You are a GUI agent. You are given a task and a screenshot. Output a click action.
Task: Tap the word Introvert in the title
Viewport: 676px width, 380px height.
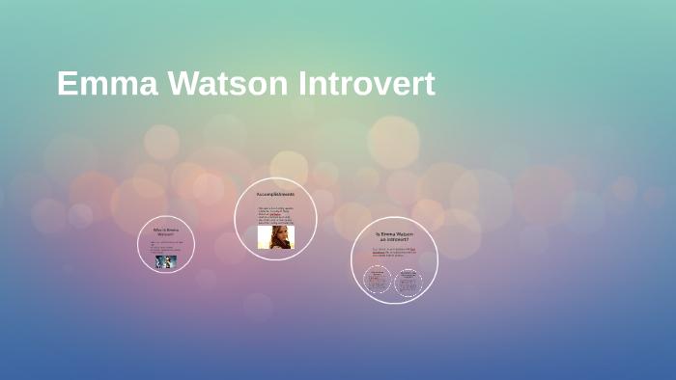click(366, 84)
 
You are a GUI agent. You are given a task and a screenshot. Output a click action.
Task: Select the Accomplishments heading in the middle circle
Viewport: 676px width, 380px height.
click(275, 194)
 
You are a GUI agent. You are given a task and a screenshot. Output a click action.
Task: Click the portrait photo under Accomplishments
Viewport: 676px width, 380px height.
click(274, 236)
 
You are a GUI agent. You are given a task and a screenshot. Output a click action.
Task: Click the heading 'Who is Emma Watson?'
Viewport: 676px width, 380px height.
click(166, 231)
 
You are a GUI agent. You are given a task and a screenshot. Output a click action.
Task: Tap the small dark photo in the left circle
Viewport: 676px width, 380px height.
click(166, 261)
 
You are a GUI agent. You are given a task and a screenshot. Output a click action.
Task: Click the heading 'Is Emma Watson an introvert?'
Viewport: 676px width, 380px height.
click(394, 236)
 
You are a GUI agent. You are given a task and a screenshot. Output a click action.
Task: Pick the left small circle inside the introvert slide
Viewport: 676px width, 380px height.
click(378, 281)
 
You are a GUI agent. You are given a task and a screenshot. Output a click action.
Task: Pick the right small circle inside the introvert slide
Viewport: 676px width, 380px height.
click(408, 281)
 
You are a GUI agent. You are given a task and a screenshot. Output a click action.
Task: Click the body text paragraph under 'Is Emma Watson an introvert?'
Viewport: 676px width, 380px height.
click(394, 252)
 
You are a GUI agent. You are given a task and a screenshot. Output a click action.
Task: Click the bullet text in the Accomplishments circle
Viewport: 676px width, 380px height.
click(275, 215)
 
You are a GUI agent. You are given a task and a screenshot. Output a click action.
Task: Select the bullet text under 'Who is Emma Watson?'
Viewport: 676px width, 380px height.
click(166, 246)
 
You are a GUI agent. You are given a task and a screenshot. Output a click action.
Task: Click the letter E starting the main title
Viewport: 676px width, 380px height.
click(66, 84)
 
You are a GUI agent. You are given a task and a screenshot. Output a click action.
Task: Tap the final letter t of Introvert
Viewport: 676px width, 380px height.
click(429, 84)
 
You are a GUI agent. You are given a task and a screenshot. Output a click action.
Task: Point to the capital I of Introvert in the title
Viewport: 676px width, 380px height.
click(303, 84)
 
